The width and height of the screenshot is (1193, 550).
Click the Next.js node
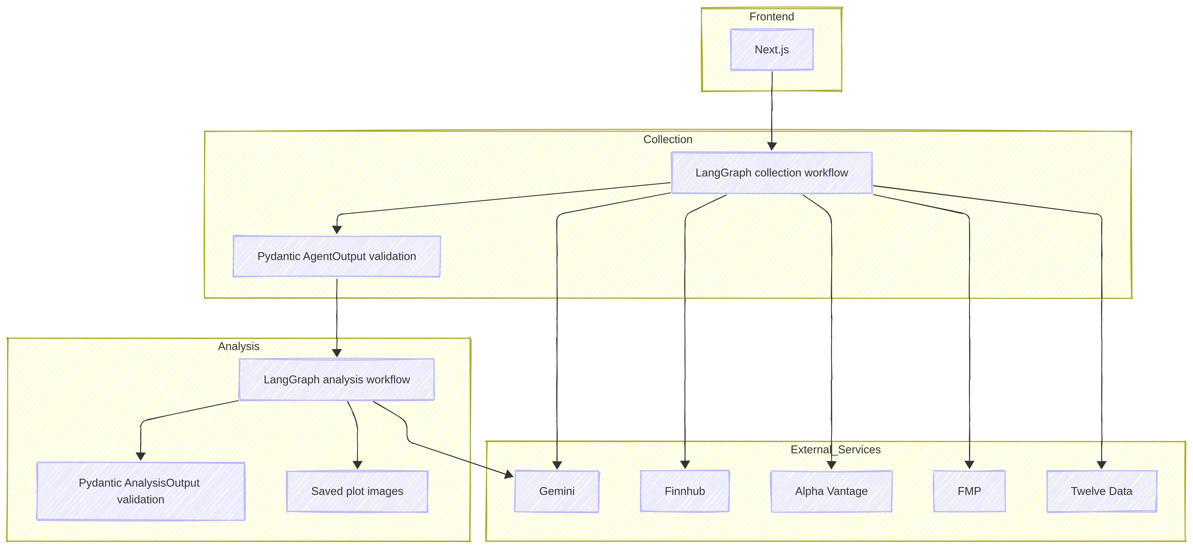772,49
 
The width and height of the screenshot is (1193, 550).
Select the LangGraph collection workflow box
772,173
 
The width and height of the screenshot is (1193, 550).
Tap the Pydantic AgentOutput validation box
337,257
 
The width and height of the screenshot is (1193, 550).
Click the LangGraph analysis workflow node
337,380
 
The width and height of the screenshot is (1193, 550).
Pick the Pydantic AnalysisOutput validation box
141,491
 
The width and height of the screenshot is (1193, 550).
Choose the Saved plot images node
357,491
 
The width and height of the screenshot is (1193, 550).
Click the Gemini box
557,491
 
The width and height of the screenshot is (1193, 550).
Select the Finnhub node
684,491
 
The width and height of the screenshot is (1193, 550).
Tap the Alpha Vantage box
831,491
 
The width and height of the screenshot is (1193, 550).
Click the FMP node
969,491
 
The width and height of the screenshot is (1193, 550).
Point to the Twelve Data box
1101,491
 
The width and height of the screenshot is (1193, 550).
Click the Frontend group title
772,17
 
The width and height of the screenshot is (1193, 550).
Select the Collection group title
668,139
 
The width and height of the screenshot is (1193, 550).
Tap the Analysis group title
239,346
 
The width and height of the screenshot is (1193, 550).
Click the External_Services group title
835,450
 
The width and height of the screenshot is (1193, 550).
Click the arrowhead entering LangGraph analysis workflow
337,353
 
